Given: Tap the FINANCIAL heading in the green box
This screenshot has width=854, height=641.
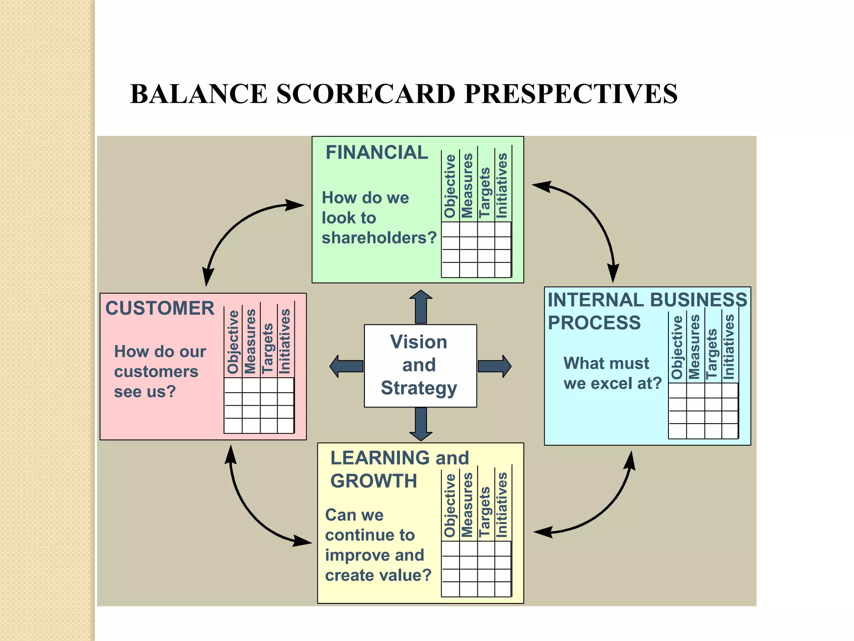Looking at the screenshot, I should (377, 153).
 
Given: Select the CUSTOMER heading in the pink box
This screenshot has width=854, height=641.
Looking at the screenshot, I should (160, 309).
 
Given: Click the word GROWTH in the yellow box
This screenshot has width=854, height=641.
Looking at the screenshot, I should (374, 481).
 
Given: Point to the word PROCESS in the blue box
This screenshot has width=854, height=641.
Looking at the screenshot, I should (594, 323).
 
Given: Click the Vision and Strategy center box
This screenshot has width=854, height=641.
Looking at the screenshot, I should (420, 366).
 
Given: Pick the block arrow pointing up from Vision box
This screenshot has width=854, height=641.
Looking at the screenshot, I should (421, 307).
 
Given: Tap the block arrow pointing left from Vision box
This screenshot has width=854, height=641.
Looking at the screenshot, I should (346, 366).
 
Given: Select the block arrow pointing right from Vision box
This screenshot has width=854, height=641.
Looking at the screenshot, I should (495, 366).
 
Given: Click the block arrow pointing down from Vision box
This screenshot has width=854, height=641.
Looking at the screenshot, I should (421, 424).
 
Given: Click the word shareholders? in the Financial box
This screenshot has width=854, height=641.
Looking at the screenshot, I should (379, 238).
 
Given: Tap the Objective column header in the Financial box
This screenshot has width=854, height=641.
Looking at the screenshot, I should (450, 186).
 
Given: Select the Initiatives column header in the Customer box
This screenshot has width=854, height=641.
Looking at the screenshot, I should (285, 341).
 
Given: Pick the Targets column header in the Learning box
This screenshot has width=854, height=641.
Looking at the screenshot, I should (485, 512).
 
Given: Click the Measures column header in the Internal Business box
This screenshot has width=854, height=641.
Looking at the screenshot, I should (694, 347).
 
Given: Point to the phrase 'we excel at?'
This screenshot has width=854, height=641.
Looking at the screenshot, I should (612, 384).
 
